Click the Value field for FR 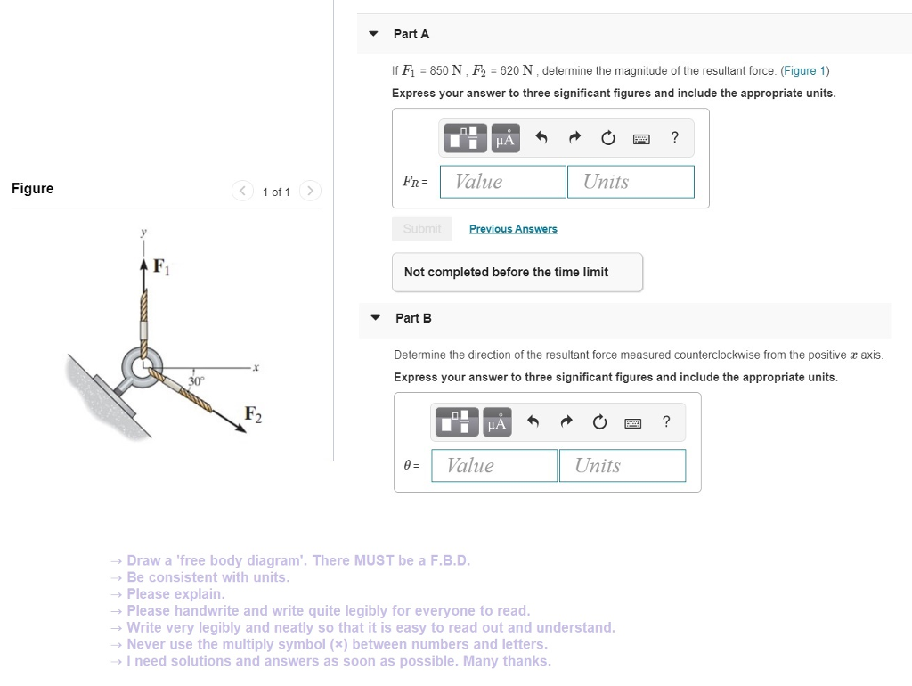503,182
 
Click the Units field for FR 631,182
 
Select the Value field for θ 495,466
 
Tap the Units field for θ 623,466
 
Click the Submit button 422,229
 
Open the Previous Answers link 513,229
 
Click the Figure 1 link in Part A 805,71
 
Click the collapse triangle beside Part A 374,34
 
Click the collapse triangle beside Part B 376,318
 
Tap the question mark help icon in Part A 675,137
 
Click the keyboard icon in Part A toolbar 641,139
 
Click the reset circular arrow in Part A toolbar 607,138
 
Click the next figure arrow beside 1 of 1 310,191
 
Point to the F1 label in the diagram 160,265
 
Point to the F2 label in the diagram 254,414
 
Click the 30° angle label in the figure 196,381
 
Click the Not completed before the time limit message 506,273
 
